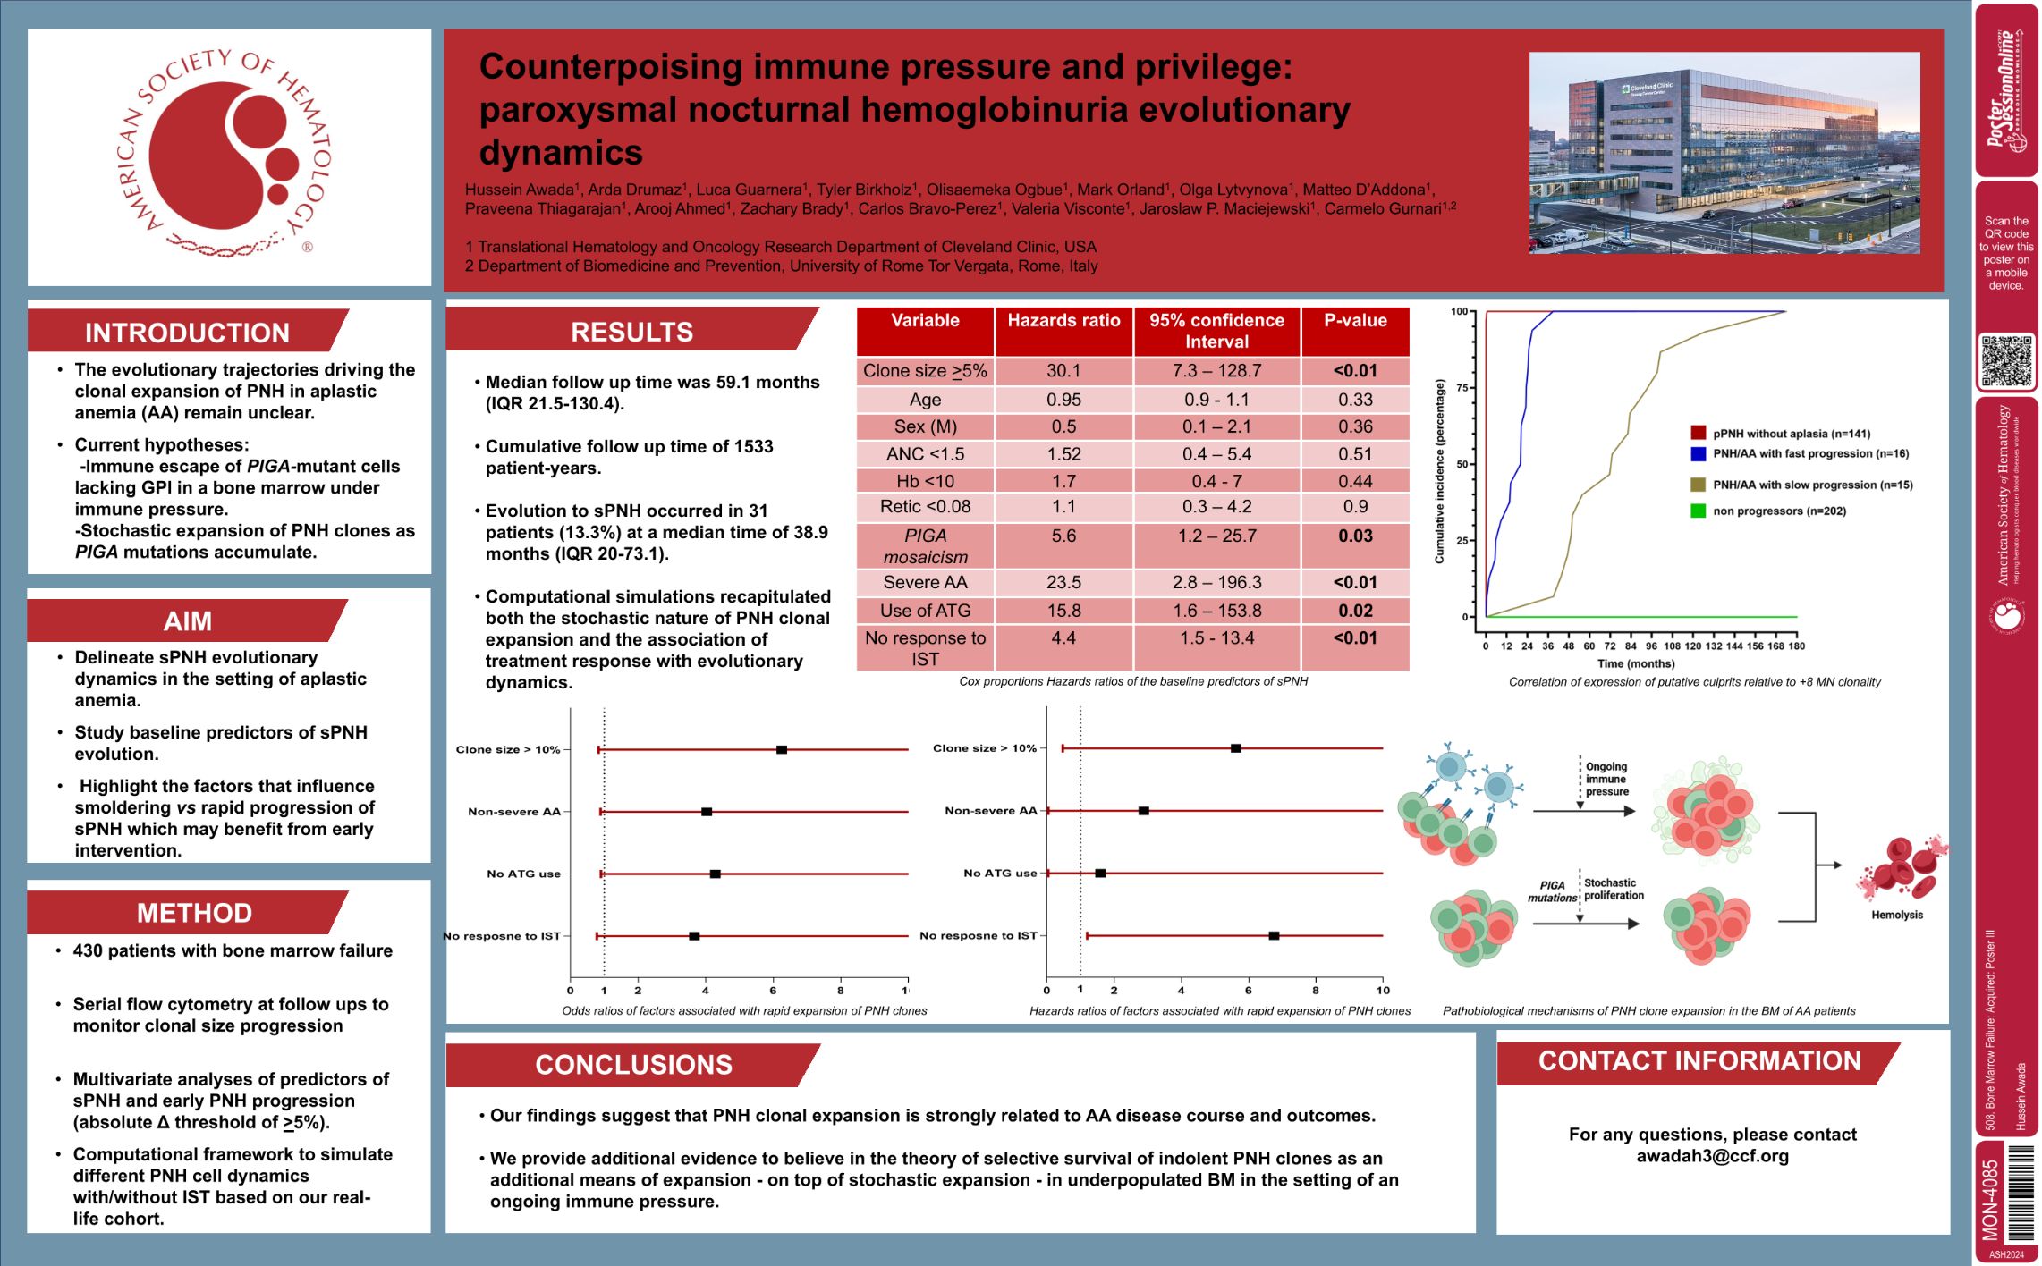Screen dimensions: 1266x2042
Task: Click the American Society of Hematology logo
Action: tap(229, 155)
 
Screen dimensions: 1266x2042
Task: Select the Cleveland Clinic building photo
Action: tap(1724, 153)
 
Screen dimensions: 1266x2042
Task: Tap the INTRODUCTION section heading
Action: tap(187, 333)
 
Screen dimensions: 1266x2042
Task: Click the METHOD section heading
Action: tap(194, 913)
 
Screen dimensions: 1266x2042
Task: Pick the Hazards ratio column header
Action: tap(1063, 321)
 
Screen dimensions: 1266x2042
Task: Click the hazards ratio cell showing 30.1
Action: tap(1063, 370)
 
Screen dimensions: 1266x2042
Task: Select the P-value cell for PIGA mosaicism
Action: tap(1355, 536)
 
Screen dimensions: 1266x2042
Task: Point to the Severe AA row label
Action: tap(925, 582)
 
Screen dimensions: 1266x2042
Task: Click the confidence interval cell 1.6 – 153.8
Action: tap(1216, 611)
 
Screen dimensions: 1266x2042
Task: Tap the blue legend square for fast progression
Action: tap(1698, 454)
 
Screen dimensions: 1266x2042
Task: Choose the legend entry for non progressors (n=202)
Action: tap(1778, 511)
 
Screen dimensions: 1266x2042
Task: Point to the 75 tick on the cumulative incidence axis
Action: tap(1462, 388)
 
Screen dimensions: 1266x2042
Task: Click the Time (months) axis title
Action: tap(1635, 663)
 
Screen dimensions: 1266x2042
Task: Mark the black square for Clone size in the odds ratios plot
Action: tap(782, 749)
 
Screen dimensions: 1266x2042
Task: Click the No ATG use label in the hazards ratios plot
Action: tap(1000, 873)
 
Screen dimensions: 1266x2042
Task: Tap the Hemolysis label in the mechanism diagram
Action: tap(1896, 915)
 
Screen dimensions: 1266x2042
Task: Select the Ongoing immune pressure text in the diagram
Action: tap(1606, 779)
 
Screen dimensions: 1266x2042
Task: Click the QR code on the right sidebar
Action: tap(2006, 360)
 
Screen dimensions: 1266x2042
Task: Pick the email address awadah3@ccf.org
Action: tap(1712, 1155)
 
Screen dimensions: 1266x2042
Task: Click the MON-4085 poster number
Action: tap(1990, 1200)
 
